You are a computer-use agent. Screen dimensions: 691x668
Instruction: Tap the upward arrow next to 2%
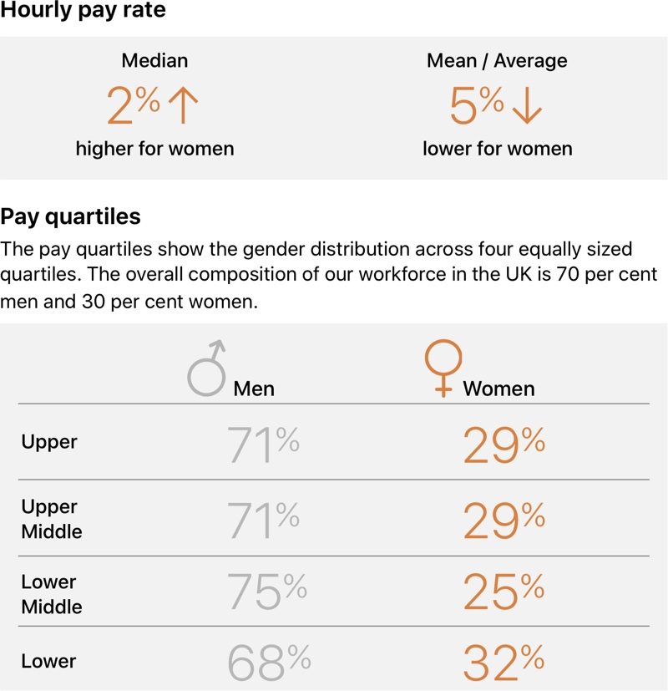[183, 106]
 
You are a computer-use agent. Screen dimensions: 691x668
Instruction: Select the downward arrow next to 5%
[524, 106]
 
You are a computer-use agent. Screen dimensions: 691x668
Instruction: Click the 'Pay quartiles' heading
[71, 217]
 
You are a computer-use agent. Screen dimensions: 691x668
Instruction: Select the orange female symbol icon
[443, 368]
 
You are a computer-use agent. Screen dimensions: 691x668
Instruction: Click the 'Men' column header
[254, 389]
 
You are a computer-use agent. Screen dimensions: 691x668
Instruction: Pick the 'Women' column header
[498, 389]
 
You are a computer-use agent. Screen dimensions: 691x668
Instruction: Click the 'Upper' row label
[49, 442]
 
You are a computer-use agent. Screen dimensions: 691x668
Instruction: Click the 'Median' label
[154, 61]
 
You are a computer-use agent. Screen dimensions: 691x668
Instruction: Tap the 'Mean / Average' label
[497, 61]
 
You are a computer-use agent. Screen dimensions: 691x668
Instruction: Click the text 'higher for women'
[154, 149]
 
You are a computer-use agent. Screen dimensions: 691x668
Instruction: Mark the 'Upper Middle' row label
[52, 519]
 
